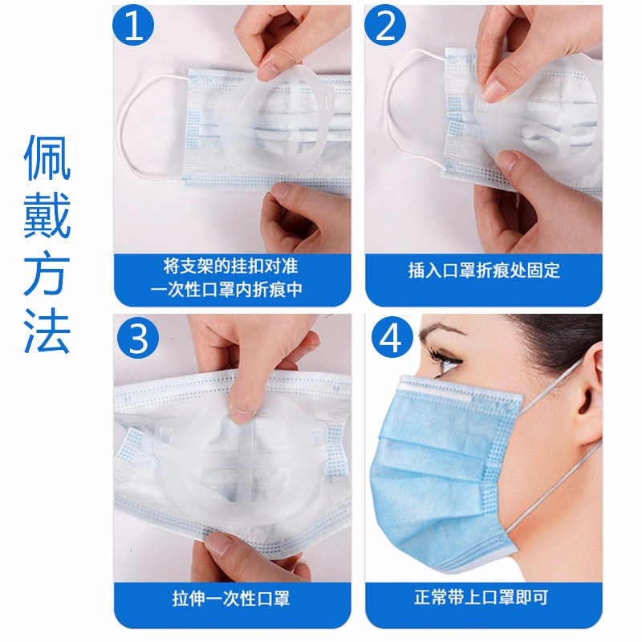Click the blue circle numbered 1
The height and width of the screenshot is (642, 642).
click(133, 26)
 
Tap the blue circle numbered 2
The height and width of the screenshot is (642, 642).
click(385, 26)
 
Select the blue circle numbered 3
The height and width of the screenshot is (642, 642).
click(138, 338)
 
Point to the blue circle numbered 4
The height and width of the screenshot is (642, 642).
click(392, 338)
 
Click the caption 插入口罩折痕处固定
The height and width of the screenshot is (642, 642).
click(484, 270)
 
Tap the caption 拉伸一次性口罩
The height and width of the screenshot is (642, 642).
click(231, 599)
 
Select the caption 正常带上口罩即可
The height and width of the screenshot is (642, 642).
click(481, 597)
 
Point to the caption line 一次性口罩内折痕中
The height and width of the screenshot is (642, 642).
click(226, 290)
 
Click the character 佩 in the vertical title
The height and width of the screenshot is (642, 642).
click(47, 157)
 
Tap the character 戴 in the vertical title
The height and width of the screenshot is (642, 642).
click(47, 216)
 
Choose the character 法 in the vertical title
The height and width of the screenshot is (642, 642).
click(47, 330)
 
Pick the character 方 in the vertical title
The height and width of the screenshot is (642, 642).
click(47, 274)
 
